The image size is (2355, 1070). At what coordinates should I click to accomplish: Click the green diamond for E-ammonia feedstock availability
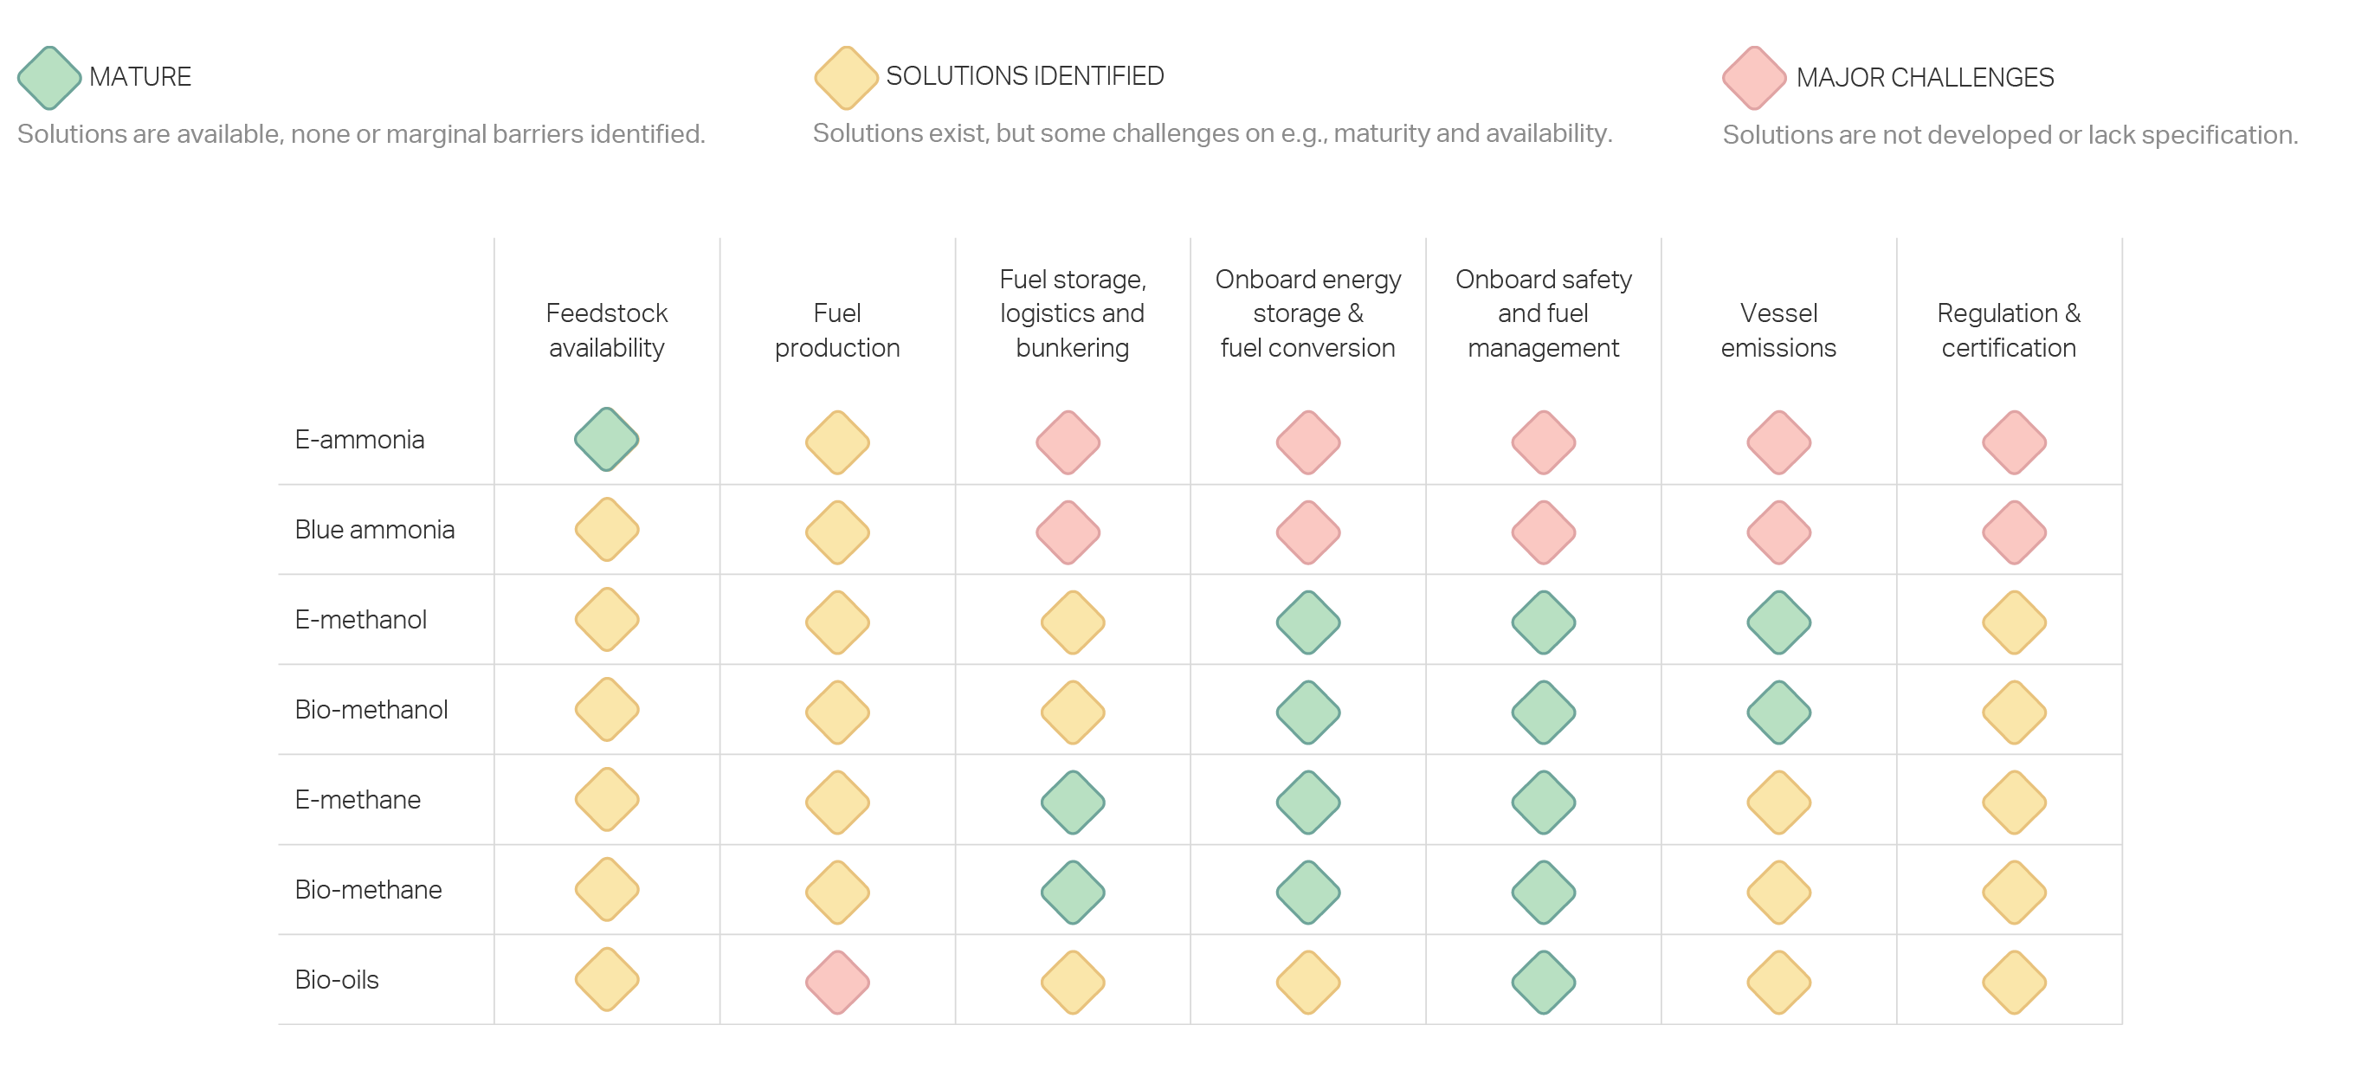click(x=606, y=440)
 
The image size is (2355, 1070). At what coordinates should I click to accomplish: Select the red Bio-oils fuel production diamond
click(x=837, y=983)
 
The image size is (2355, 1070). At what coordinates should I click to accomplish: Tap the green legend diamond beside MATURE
click(x=49, y=78)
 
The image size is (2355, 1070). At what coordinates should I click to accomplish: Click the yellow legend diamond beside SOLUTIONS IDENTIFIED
click(x=847, y=78)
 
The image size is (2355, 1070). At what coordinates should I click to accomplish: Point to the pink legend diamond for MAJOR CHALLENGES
click(x=1754, y=78)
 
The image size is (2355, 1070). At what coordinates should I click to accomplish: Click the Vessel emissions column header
click(x=1778, y=330)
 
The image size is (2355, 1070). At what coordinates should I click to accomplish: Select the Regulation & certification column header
click(x=2009, y=330)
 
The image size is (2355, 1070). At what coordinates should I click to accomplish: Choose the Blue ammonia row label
click(x=374, y=529)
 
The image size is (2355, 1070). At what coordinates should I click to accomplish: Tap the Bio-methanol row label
click(x=371, y=709)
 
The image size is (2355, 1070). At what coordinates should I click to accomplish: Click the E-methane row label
click(x=358, y=800)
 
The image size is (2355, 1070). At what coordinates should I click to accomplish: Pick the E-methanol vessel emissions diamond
click(x=1779, y=622)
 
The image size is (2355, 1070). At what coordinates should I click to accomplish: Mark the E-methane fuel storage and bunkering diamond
click(x=1074, y=802)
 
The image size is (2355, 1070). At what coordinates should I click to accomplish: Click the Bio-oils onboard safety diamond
click(x=1544, y=983)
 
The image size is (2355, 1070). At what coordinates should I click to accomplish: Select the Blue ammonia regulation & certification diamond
click(x=2014, y=532)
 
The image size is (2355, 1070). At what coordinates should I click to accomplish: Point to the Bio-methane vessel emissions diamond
click(x=1779, y=892)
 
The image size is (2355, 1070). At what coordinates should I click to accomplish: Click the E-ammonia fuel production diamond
click(x=837, y=442)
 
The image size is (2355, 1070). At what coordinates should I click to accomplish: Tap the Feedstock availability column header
click(x=606, y=330)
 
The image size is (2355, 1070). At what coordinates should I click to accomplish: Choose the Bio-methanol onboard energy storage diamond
click(x=1308, y=712)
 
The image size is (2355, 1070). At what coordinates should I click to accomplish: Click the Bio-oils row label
click(x=337, y=980)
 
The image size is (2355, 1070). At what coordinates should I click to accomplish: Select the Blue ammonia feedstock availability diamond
click(x=606, y=529)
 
